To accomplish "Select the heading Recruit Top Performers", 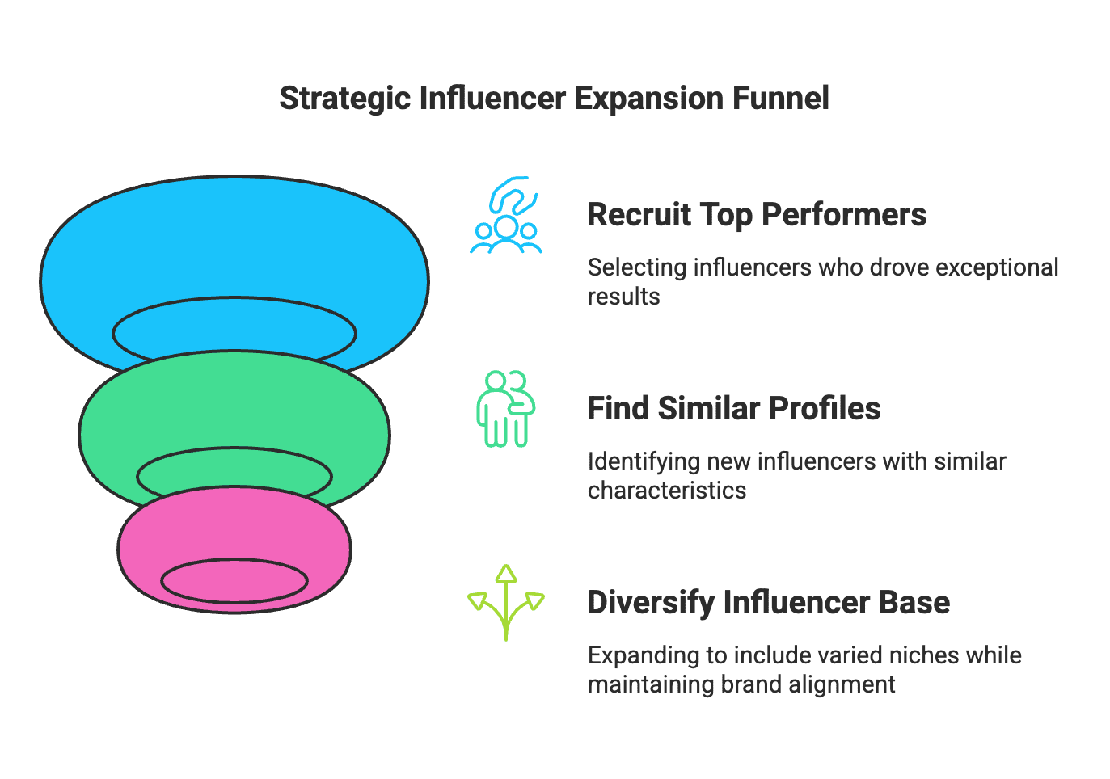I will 756,215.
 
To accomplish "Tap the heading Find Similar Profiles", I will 733,409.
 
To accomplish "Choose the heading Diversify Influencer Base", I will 768,603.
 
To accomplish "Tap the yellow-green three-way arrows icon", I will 506,603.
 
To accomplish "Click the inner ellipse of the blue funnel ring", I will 234,331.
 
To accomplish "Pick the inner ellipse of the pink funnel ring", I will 234,580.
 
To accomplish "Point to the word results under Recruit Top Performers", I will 623,297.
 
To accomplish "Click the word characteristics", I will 666,491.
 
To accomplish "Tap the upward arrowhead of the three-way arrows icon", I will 506,574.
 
